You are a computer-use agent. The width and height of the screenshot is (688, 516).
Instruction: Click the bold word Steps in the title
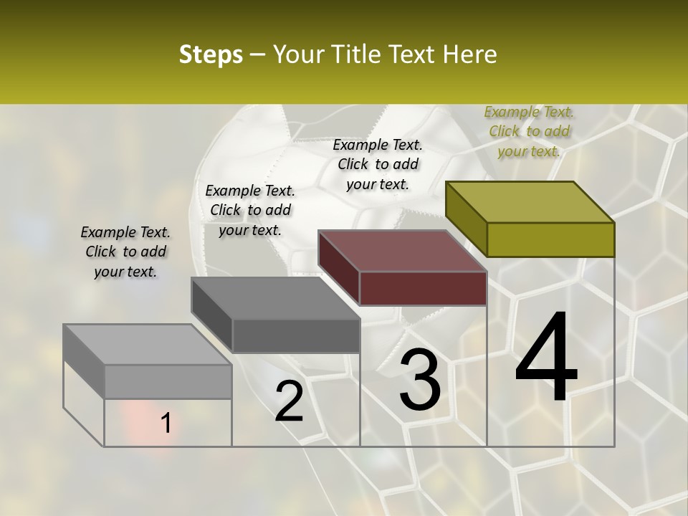(x=211, y=54)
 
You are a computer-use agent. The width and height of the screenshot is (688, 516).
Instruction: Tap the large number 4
(x=546, y=358)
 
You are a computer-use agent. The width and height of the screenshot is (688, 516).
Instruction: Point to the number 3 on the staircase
(x=420, y=380)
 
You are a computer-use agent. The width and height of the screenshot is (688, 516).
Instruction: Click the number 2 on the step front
(x=289, y=401)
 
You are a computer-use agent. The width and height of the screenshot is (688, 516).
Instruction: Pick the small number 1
(x=166, y=424)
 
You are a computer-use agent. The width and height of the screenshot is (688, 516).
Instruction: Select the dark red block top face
(x=401, y=251)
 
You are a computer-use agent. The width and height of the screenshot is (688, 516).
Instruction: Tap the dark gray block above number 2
(x=275, y=297)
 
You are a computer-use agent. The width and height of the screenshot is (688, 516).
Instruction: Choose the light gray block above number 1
(x=147, y=344)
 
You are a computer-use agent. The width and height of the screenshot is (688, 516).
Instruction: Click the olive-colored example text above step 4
(x=529, y=131)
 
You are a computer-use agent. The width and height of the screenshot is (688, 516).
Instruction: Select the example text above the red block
(x=378, y=164)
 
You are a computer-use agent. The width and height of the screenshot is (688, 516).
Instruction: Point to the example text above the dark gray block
(x=250, y=210)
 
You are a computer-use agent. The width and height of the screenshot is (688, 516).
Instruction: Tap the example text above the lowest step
(x=125, y=252)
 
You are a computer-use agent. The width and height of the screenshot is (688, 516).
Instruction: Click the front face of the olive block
(x=550, y=239)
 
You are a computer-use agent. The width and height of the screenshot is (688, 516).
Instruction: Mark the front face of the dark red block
(x=423, y=288)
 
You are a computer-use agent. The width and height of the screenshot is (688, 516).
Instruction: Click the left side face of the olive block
(x=466, y=219)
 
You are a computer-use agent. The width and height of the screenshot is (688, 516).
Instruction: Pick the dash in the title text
(x=258, y=54)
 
